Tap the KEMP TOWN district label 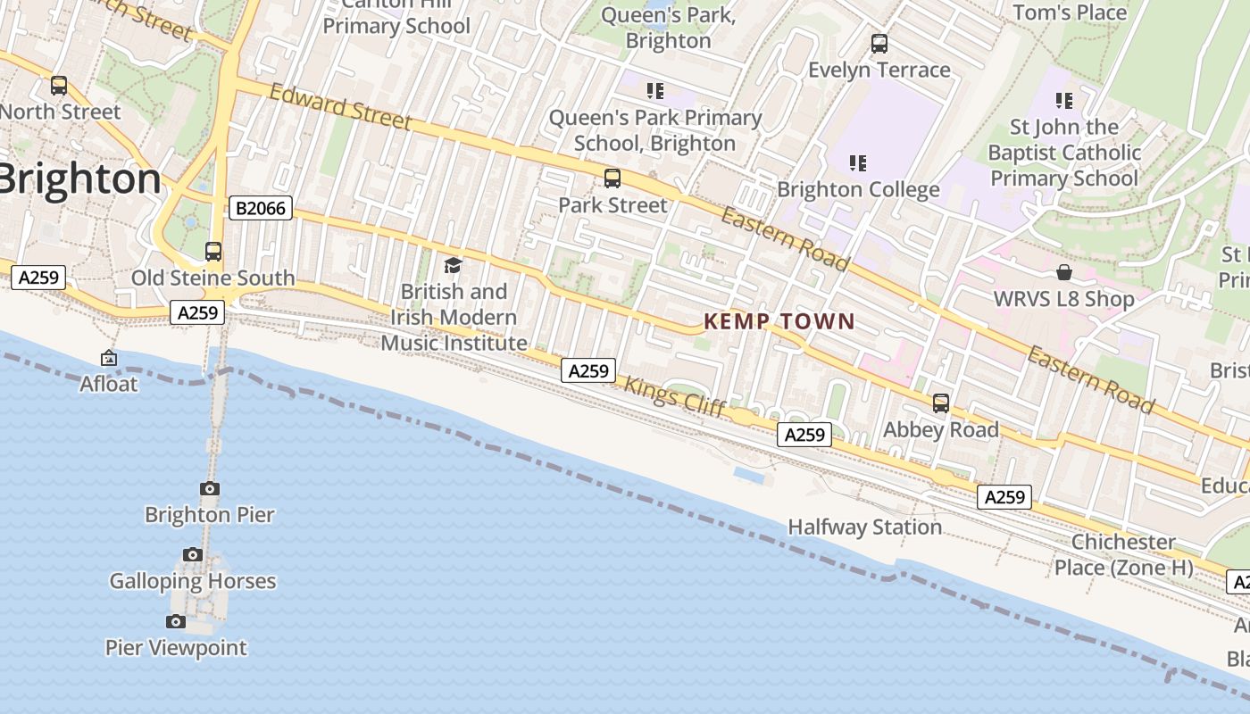pos(779,321)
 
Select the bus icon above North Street pos(59,86)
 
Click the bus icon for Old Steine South pos(213,252)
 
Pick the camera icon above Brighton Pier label pos(210,488)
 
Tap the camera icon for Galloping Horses pos(192,555)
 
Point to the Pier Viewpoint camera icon pos(176,621)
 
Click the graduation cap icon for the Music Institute pos(453,265)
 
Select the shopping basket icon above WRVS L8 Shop pos(1064,272)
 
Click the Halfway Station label pos(864,527)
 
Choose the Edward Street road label pos(340,107)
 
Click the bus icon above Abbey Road pos(940,403)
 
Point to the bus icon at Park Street pos(612,178)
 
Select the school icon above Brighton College pos(857,162)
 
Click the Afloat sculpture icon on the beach pos(109,358)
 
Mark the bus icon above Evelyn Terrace pos(879,44)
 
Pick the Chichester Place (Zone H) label pos(1123,554)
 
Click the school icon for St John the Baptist pos(1063,100)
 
